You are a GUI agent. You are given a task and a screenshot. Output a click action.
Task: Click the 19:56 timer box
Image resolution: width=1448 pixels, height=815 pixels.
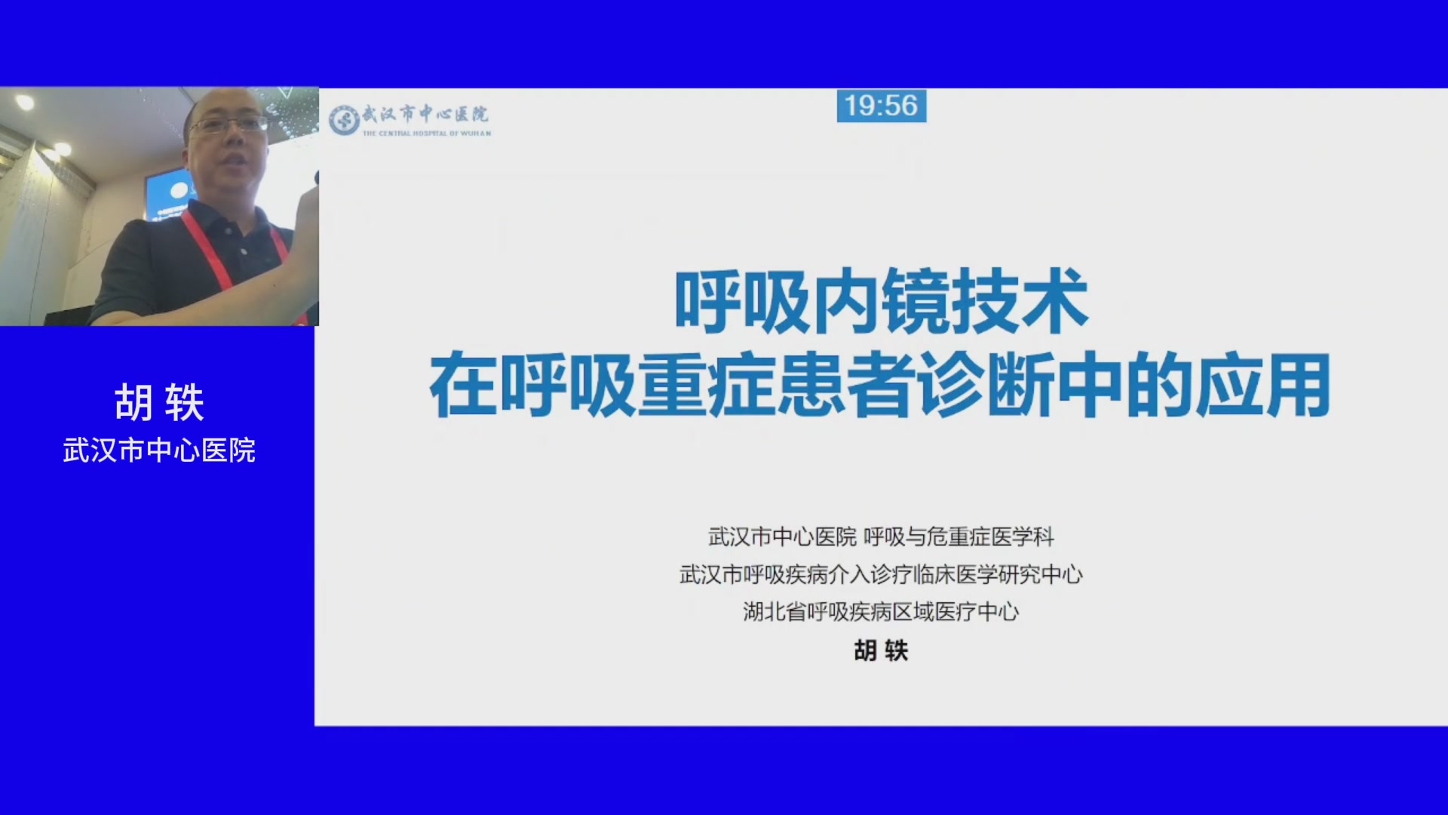(x=881, y=106)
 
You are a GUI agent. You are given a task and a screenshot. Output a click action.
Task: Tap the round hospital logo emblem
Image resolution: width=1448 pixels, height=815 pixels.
(x=344, y=120)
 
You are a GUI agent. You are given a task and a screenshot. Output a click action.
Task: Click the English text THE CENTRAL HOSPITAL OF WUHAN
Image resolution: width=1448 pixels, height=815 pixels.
(x=427, y=134)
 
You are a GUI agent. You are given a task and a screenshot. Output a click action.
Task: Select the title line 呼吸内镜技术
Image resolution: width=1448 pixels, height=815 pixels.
(x=881, y=302)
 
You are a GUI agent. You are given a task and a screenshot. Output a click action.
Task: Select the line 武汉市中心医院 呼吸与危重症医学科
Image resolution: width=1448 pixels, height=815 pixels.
(x=881, y=537)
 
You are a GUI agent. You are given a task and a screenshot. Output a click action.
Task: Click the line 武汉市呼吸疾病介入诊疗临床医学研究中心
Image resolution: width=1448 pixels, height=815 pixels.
(x=881, y=574)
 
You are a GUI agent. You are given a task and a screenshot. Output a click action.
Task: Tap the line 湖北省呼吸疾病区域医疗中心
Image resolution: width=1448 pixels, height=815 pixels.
(x=881, y=611)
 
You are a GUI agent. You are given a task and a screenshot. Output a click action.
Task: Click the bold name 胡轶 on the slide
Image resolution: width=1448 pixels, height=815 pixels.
(x=881, y=650)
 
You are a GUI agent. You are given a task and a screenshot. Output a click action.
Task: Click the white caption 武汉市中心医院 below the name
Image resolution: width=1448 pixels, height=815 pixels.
(x=159, y=451)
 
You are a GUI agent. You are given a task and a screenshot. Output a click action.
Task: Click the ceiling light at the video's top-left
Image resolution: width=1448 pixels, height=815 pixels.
(x=24, y=101)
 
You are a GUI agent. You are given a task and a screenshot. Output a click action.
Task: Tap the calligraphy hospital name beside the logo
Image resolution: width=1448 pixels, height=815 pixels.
(x=425, y=114)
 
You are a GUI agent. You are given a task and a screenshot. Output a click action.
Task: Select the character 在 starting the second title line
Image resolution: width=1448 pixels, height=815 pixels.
(x=463, y=386)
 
